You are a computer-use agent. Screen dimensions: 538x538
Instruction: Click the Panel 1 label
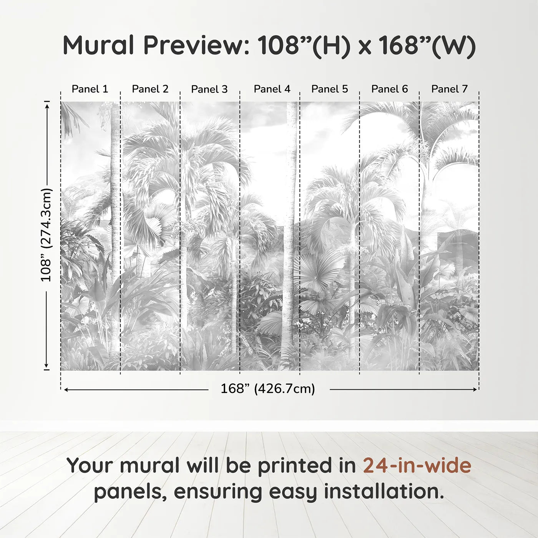tap(90, 89)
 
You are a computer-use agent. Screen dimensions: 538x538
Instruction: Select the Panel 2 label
tap(150, 89)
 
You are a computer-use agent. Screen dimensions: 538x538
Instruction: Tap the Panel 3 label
tap(209, 89)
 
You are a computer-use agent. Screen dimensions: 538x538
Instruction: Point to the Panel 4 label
tap(272, 89)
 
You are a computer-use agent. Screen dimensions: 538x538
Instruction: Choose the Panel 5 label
tap(330, 89)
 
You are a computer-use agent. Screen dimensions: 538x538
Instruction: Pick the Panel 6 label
tap(390, 89)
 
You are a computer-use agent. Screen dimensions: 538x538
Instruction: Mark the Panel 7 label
tap(450, 89)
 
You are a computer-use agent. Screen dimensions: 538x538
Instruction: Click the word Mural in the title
tap(98, 45)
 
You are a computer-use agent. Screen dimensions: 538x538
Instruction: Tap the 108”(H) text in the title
tap(304, 45)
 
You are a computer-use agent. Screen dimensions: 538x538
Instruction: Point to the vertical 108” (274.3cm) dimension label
tap(46, 235)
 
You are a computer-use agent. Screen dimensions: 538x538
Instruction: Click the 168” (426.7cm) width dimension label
tap(268, 389)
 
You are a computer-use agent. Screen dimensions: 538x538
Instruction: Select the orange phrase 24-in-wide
tap(417, 465)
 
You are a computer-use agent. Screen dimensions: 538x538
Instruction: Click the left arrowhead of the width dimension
tap(66, 390)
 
